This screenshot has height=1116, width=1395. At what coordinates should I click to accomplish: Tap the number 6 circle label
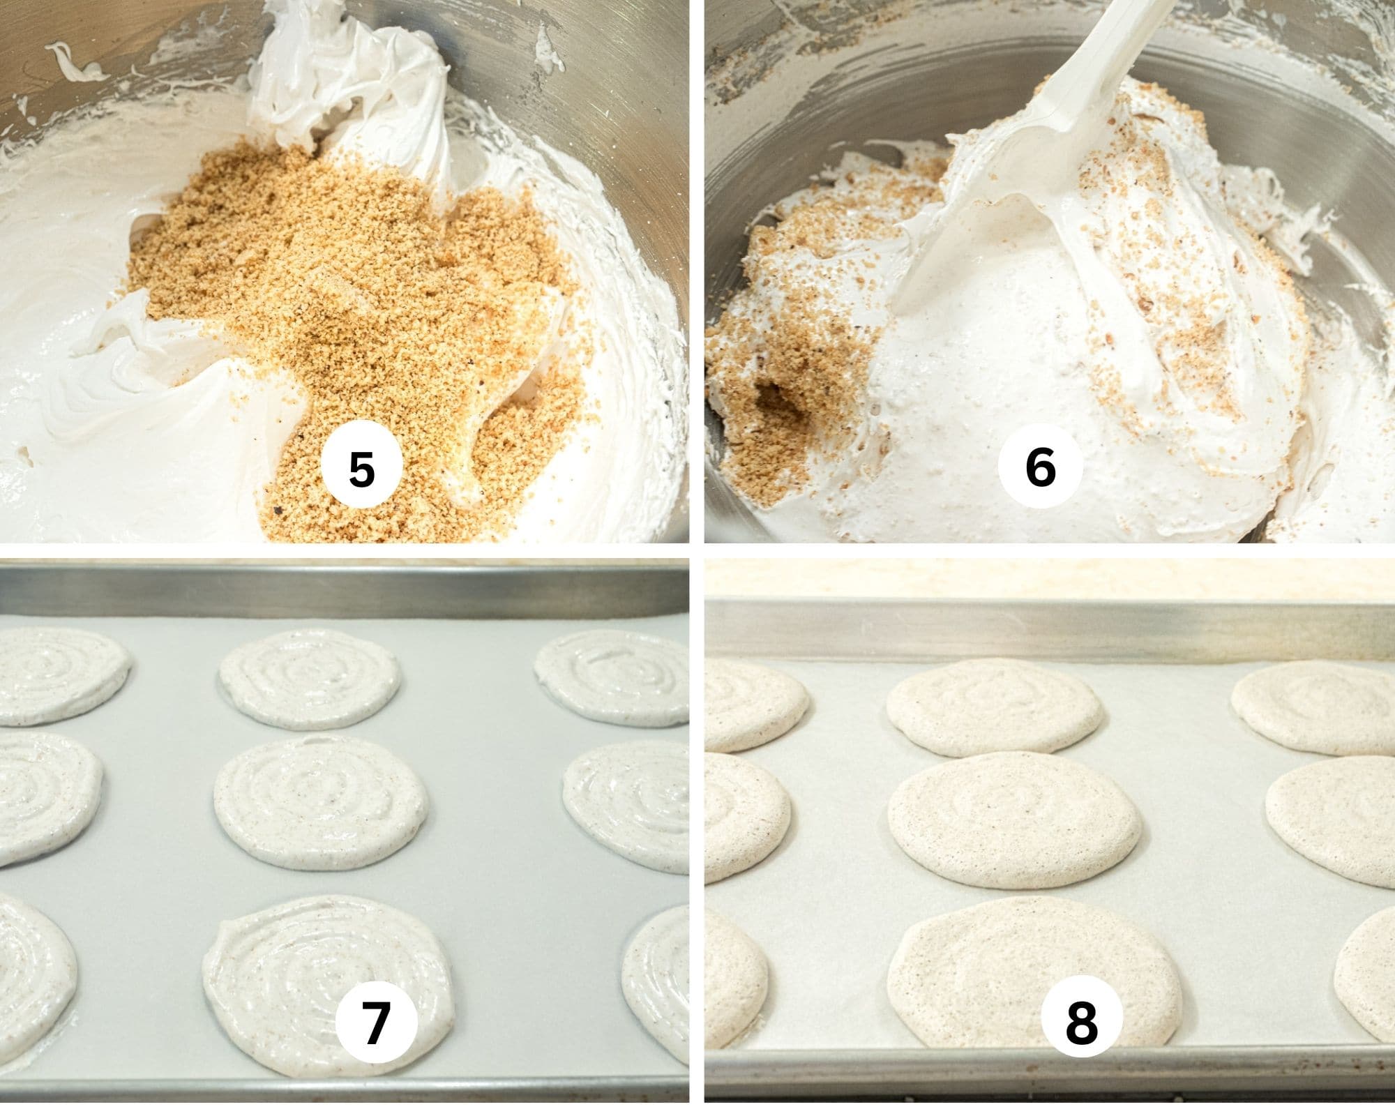click(x=1040, y=467)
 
